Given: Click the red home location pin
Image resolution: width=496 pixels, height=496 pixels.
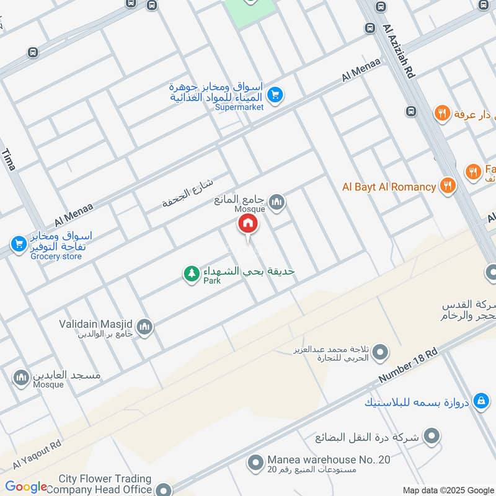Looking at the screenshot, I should pos(247,224).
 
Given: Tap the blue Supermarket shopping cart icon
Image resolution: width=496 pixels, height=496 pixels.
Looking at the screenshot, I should pos(276,95).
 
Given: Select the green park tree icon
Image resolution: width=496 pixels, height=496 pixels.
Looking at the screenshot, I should pos(191,273).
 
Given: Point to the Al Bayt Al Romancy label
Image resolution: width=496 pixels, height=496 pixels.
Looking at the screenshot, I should pos(389,187).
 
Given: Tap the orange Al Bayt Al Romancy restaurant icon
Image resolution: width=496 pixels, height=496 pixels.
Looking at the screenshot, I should pos(447,185).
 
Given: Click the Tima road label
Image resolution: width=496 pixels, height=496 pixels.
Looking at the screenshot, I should pos(9,159).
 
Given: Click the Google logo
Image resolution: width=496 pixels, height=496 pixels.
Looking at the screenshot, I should pos(26,487).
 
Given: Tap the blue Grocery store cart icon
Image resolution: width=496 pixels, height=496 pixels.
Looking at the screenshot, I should pos(18,242).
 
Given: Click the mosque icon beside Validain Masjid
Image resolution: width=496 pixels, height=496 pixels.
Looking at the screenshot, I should pos(144,327).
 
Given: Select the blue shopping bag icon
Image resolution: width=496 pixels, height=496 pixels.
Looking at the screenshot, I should pos(480,402).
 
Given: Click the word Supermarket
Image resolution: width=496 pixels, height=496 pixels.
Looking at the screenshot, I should pos(239,107).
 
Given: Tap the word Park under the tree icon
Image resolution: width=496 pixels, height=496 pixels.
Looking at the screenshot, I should pos(212,281).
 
